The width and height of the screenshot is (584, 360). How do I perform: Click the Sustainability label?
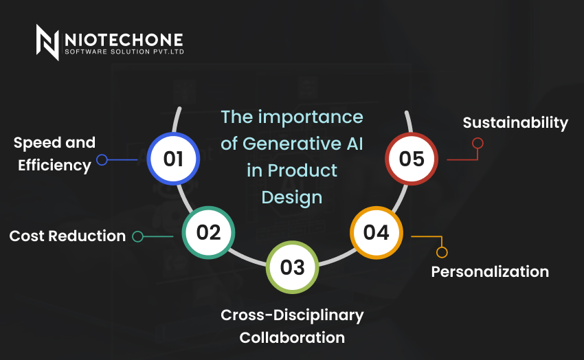click(x=515, y=123)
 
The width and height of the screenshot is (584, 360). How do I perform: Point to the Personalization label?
click(x=490, y=272)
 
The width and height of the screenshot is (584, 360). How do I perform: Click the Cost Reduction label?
click(x=67, y=236)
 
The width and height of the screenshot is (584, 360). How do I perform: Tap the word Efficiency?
click(x=54, y=166)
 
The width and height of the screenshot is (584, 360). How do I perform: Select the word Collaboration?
click(x=292, y=337)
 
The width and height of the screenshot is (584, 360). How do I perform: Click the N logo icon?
click(x=47, y=42)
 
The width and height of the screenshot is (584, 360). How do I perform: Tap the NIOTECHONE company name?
click(x=124, y=40)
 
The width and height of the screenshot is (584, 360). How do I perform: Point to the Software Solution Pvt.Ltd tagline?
click(x=124, y=52)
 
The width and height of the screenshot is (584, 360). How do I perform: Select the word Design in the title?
click(x=292, y=197)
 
